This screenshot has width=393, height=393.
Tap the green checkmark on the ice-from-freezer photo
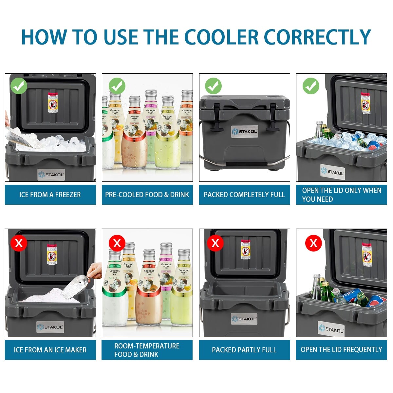pos(19,86)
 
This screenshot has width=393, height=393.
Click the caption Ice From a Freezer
pos(50,195)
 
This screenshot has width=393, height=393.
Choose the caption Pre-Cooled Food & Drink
pos(147,195)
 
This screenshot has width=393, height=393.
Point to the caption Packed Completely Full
pos(244,195)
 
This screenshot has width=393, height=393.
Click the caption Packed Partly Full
pos(244,350)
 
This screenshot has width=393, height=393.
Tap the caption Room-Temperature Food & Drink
pos(147,350)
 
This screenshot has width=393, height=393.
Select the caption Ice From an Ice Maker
pos(50,350)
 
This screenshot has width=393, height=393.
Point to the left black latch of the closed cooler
pos(217,116)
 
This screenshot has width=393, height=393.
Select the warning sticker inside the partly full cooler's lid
pos(246,250)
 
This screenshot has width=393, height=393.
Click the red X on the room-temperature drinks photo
pos(117,243)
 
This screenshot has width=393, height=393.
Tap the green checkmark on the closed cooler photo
pos(213,86)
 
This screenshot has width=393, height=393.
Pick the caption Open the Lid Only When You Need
pos(341,195)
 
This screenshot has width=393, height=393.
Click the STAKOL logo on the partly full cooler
pos(244,319)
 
